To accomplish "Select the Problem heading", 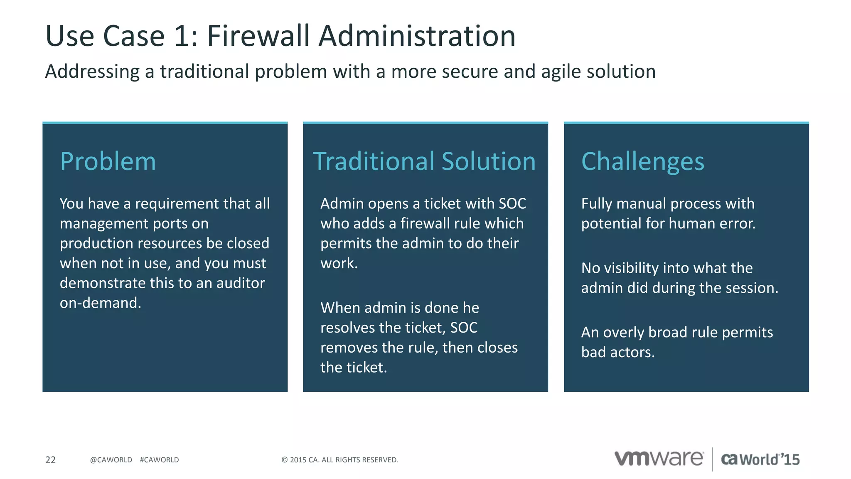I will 108,161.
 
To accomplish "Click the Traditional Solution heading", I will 424,161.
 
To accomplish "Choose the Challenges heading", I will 642,161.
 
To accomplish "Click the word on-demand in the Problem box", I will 100,303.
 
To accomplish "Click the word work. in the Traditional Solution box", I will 339,263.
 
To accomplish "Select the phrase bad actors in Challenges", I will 617,353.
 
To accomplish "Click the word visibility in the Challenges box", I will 636,268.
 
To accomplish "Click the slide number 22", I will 50,460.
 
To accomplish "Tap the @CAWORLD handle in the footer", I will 111,460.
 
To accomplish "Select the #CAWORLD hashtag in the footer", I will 159,460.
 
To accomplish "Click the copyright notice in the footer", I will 339,460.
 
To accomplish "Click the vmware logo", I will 659,459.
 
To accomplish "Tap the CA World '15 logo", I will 760,459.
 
